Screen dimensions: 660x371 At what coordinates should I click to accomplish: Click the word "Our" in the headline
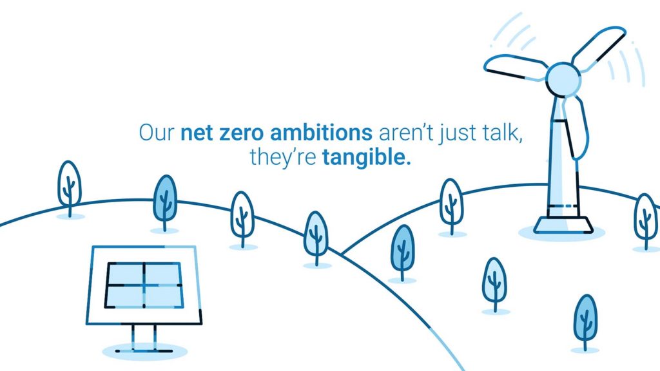click(x=156, y=133)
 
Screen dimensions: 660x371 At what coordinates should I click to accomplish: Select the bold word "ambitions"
click(x=321, y=132)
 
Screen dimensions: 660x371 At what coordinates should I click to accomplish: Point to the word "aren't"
click(x=406, y=133)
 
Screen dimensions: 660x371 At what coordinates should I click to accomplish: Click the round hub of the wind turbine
click(x=563, y=79)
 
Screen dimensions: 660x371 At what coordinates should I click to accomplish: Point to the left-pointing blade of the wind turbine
click(x=516, y=67)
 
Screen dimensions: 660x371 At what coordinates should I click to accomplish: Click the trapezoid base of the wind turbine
click(x=563, y=225)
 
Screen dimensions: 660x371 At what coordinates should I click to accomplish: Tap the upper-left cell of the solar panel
click(x=126, y=274)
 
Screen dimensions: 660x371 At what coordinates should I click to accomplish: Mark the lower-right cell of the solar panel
click(x=164, y=296)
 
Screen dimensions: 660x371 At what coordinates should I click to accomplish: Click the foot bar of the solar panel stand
click(x=144, y=350)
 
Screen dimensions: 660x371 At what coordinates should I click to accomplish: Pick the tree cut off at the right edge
click(x=646, y=222)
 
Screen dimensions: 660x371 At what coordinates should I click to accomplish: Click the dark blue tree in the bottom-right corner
click(x=585, y=322)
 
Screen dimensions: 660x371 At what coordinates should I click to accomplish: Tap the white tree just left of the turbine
click(x=451, y=206)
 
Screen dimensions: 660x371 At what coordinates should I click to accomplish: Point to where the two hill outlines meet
click(x=342, y=255)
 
